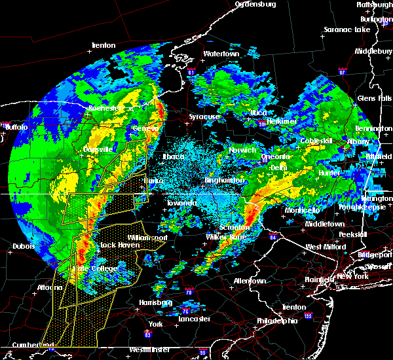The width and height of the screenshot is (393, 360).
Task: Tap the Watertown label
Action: click(x=221, y=54)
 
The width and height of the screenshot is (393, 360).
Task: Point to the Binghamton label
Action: click(x=225, y=179)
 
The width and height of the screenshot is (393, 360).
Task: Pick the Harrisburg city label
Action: click(x=154, y=302)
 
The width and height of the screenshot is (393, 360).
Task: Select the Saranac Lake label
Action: click(x=346, y=30)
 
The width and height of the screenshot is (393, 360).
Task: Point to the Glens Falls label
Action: click(x=374, y=98)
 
